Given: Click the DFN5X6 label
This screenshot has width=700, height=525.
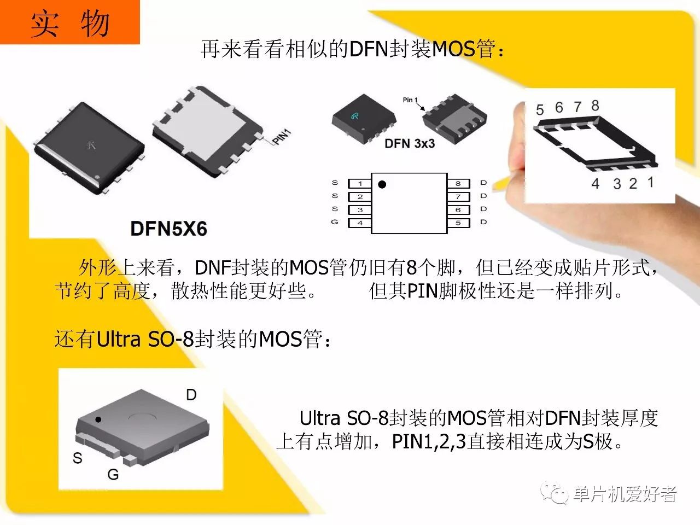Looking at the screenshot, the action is (168, 228).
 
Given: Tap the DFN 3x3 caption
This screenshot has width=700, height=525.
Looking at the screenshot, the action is (410, 143).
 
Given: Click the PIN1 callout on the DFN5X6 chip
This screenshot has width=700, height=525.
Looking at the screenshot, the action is (282, 136).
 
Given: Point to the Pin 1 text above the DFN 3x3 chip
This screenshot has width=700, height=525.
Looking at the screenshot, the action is (410, 100).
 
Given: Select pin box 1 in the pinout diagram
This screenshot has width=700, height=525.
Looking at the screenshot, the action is (360, 184).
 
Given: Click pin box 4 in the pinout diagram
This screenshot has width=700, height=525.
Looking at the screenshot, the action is (360, 223).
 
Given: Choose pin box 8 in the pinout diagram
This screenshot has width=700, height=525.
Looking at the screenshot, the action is (458, 184).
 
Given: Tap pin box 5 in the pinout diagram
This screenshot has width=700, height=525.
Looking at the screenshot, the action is (458, 223).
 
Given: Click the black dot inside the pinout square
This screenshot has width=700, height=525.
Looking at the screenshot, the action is (382, 184).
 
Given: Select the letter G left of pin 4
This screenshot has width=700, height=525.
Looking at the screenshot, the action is (335, 222).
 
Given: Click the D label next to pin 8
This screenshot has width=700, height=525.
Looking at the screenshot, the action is (483, 183).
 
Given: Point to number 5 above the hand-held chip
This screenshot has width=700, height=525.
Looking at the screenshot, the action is (540, 110).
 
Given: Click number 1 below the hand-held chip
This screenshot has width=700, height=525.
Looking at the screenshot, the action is (651, 182).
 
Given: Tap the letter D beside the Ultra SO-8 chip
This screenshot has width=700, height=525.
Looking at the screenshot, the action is (191, 395).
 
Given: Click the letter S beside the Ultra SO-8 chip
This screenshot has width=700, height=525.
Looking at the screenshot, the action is (78, 458).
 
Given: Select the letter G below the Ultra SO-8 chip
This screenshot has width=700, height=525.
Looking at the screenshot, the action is (113, 475).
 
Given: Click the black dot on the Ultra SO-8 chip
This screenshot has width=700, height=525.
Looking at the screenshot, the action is (98, 419).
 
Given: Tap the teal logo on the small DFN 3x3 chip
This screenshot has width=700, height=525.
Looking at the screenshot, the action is (355, 116).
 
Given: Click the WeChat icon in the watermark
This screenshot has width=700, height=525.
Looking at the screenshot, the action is (554, 493).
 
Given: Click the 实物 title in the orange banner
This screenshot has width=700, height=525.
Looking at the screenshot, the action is (70, 24).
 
